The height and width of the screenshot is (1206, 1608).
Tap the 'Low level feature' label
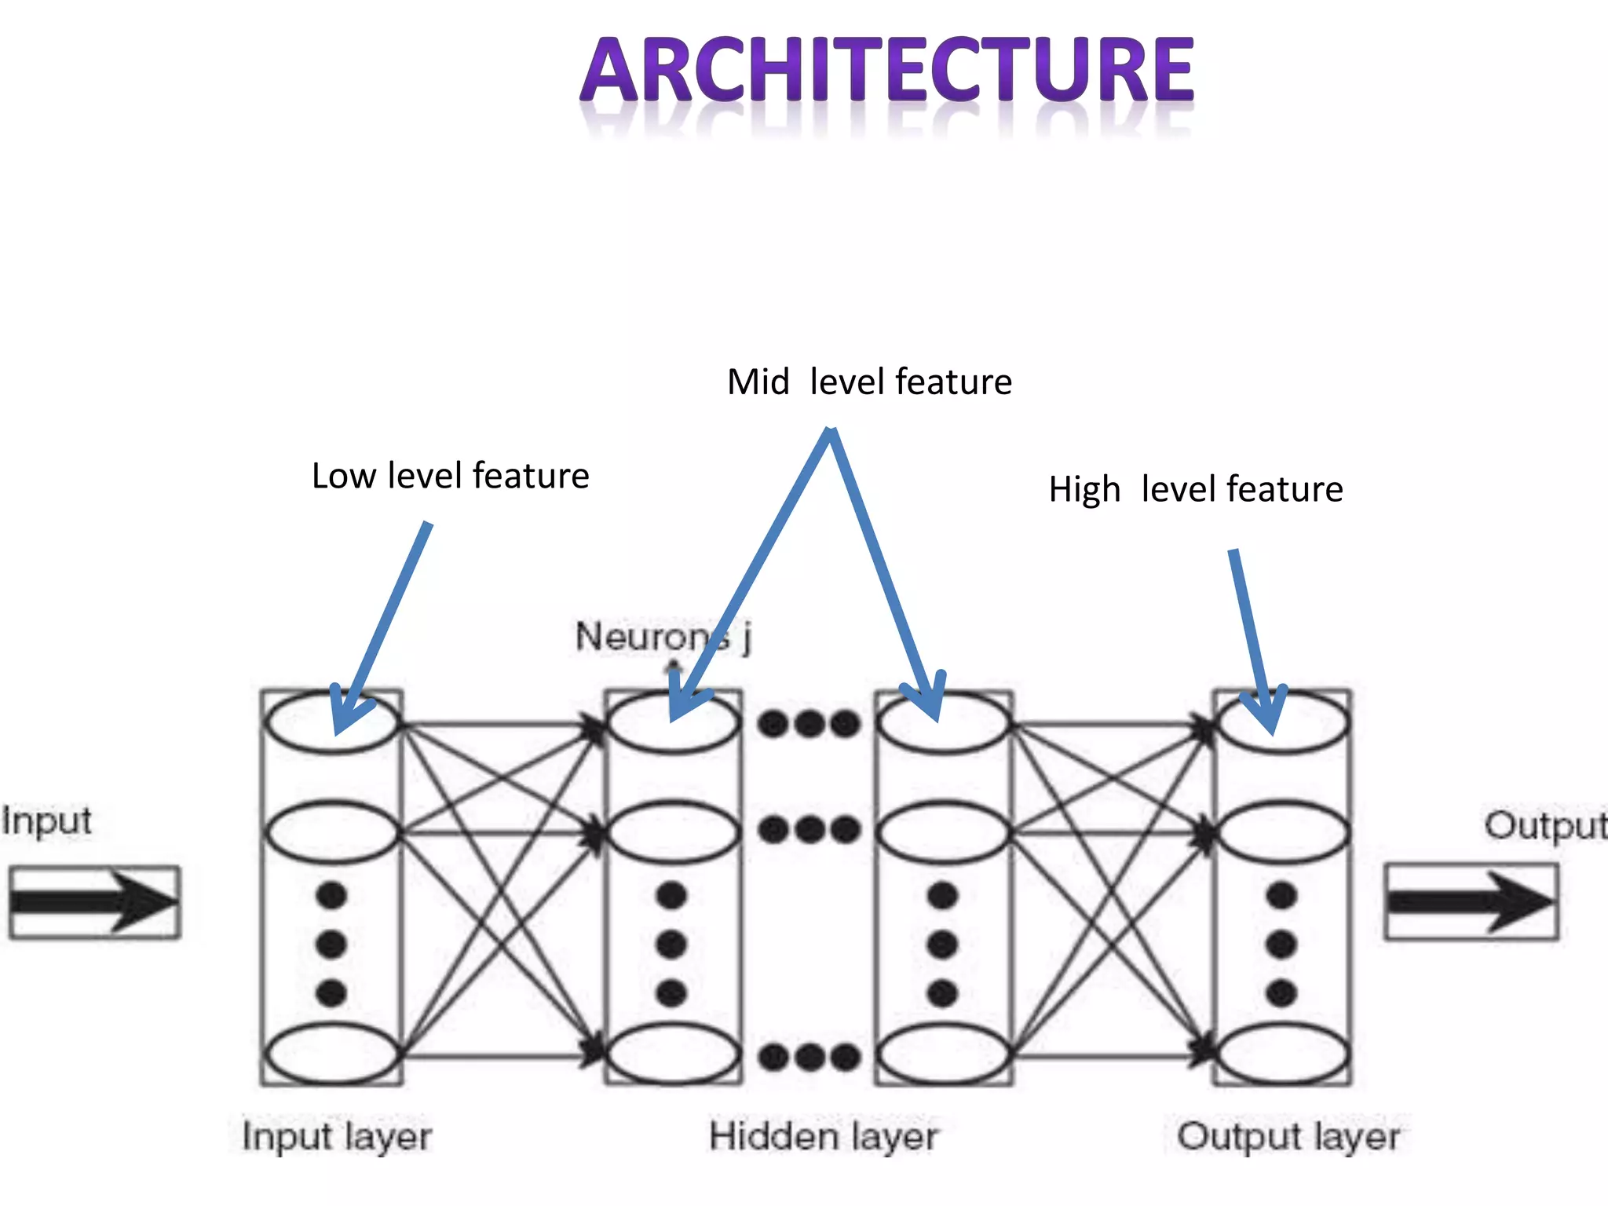(450, 476)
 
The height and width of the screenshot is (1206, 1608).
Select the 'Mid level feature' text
(869, 382)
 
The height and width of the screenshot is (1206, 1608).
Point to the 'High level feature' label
(1195, 489)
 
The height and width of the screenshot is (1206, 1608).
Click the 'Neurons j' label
(663, 636)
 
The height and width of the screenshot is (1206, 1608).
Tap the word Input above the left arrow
(47, 822)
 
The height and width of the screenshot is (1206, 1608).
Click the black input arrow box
(95, 902)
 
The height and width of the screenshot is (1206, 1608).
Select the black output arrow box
(1471, 901)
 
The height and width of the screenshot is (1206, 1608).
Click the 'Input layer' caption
(337, 1137)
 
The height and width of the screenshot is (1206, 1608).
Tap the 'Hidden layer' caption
(824, 1137)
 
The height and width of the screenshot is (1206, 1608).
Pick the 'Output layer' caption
(1288, 1137)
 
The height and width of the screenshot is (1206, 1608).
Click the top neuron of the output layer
(1282, 723)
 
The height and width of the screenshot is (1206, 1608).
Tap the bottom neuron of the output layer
(1282, 1054)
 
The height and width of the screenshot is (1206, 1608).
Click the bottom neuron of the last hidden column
(943, 1054)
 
